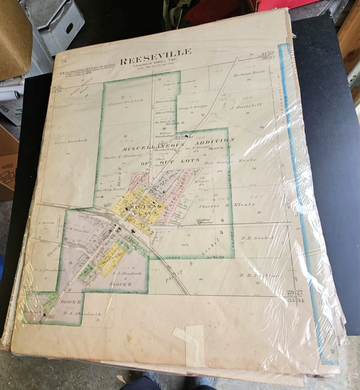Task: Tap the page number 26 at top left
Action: click(x=64, y=62)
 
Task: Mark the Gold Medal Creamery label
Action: click(x=205, y=221)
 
